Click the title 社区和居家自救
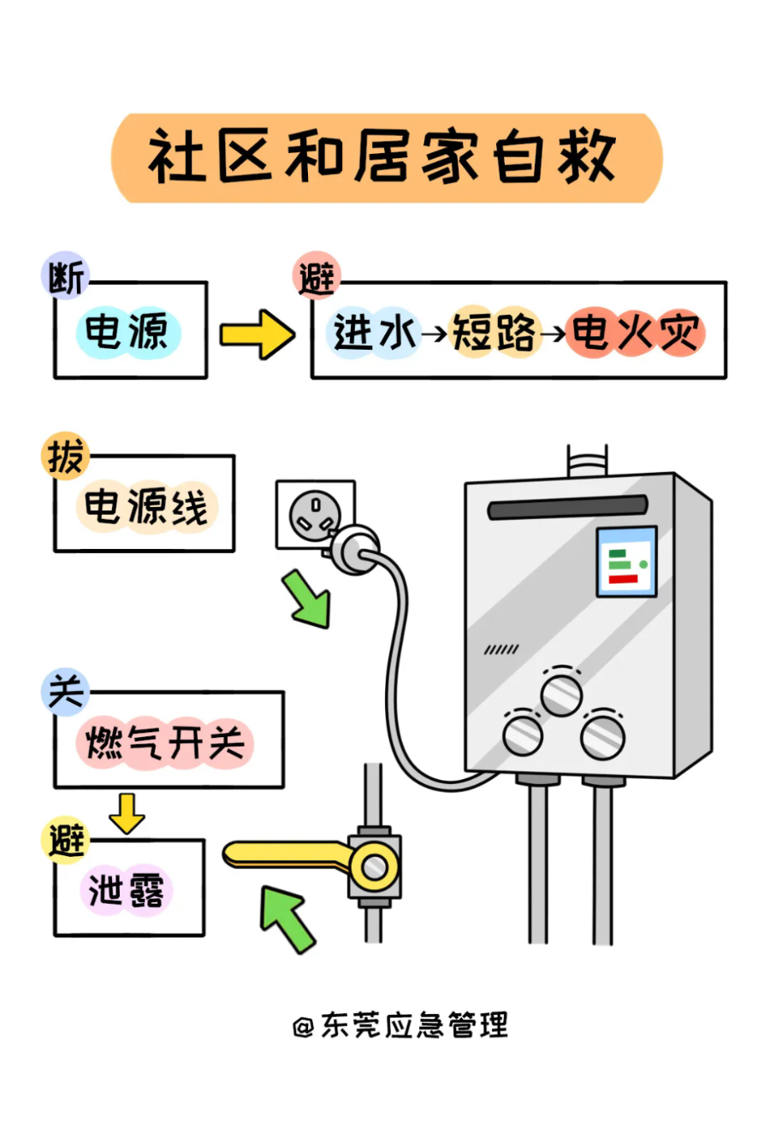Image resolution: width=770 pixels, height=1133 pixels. [385, 158]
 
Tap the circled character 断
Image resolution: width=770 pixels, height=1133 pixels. [65, 277]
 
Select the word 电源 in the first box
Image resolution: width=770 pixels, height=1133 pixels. [128, 333]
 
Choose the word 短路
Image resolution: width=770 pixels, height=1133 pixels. [494, 333]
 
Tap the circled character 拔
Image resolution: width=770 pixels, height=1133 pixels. [65, 456]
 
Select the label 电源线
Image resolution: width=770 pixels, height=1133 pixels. [146, 506]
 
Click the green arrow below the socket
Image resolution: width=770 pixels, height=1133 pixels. [307, 599]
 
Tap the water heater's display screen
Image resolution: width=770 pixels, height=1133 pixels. [626, 561]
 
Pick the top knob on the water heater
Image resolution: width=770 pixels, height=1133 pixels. [561, 693]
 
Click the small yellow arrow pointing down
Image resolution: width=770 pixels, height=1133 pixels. [127, 813]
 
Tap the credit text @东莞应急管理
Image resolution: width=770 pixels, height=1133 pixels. [400, 1024]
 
